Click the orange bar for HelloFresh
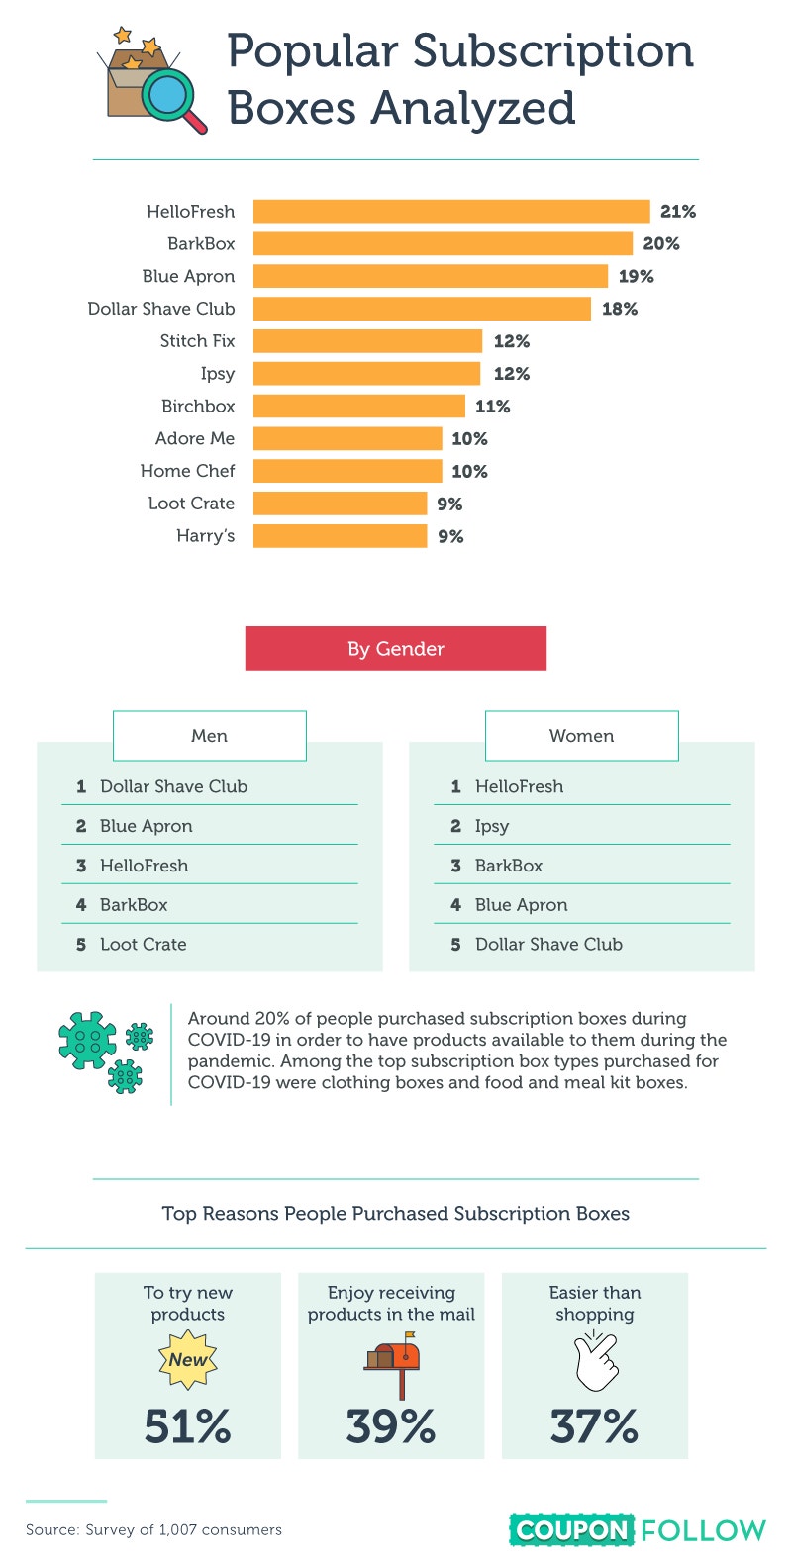pos(451,212)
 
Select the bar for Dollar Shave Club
pos(422,309)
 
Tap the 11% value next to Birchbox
pos(493,407)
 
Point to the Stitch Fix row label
pos(198,341)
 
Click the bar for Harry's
pos(340,536)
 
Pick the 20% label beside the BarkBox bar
pos(661,244)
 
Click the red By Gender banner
pos(395,648)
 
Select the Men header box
pos(210,736)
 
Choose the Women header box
pos(582,736)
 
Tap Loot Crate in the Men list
pos(144,944)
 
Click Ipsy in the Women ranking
pos(492,826)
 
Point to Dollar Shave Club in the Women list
pos(549,944)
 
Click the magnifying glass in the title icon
pos(172,99)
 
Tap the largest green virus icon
pos(87,1040)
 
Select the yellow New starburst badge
pos(188,1359)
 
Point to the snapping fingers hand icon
pos(596,1360)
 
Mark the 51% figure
pos(188,1425)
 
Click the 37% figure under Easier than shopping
pos(594,1425)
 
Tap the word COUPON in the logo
pos(571,1530)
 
